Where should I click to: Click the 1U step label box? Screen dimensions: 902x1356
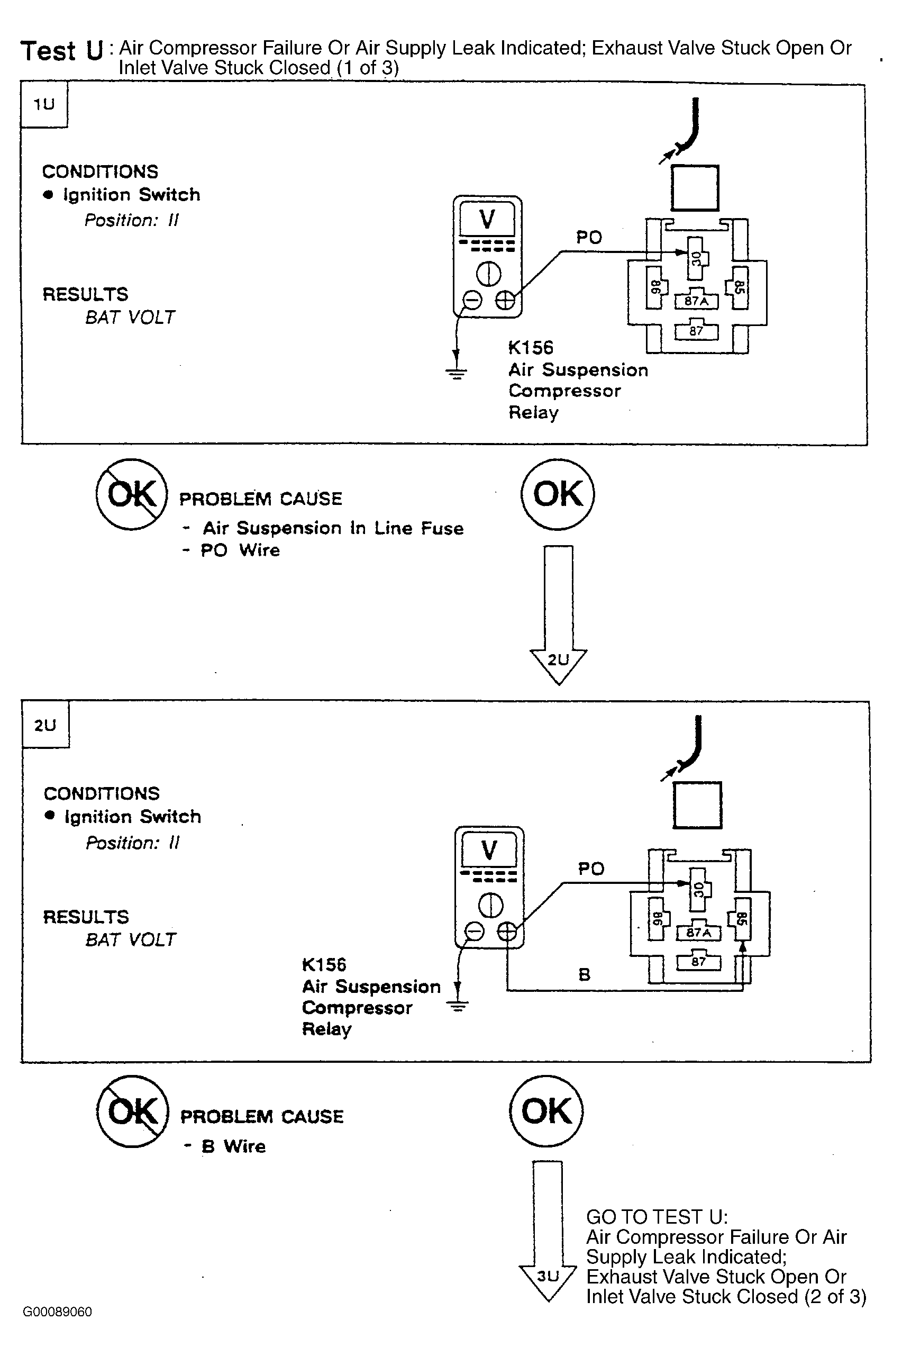(44, 104)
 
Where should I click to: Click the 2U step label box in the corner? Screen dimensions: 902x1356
(45, 725)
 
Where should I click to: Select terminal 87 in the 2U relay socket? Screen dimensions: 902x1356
(698, 961)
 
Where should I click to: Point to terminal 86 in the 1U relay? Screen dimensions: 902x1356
(656, 287)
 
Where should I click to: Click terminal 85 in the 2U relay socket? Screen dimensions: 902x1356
(741, 919)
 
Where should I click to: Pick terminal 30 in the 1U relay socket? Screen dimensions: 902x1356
(697, 258)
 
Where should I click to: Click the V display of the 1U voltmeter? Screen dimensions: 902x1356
(487, 219)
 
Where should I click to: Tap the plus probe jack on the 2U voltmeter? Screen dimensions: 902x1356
(507, 930)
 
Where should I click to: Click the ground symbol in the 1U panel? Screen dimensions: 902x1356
(456, 374)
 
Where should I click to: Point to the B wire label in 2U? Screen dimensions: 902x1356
(584, 974)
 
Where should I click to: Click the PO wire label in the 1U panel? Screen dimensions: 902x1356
(589, 237)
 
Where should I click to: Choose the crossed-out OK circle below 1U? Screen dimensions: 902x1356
(132, 494)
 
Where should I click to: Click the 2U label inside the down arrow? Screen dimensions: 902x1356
(558, 659)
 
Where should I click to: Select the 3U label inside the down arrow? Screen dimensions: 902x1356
(548, 1276)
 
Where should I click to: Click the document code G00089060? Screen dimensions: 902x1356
(58, 1312)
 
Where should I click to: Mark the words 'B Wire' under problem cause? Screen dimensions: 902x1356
(233, 1146)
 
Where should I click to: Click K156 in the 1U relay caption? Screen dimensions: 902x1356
(531, 348)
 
